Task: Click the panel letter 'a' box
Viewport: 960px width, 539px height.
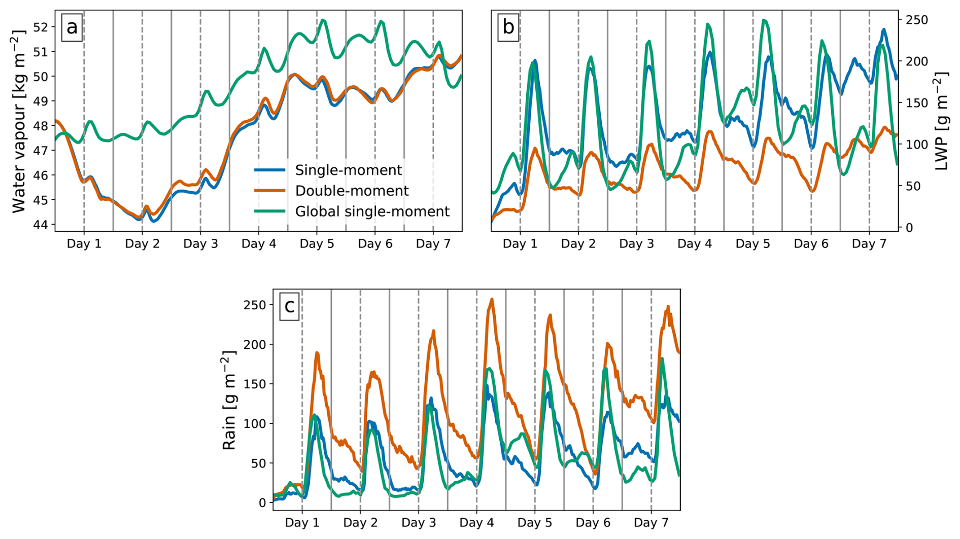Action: tap(72, 27)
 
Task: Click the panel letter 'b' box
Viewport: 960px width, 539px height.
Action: tap(508, 27)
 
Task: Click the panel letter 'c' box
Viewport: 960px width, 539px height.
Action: tap(289, 306)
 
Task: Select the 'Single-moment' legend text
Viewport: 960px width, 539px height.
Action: tap(348, 170)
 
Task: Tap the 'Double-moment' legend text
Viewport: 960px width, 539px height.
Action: tap(352, 191)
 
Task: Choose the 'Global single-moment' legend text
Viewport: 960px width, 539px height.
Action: tap(372, 211)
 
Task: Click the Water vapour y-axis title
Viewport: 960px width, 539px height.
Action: tap(18, 122)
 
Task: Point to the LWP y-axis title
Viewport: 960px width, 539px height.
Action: tap(942, 122)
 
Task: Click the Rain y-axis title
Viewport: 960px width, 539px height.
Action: tap(229, 401)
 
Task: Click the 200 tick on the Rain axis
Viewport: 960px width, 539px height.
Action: tap(255, 344)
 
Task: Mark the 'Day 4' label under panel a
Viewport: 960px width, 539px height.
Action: tap(259, 244)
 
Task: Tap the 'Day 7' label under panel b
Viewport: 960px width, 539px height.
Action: tap(869, 244)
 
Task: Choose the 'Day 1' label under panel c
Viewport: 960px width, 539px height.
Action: tap(302, 523)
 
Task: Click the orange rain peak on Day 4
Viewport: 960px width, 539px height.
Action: tap(492, 299)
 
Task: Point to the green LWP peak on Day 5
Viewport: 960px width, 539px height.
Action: tap(764, 20)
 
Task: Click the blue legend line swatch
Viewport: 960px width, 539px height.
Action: tap(269, 170)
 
